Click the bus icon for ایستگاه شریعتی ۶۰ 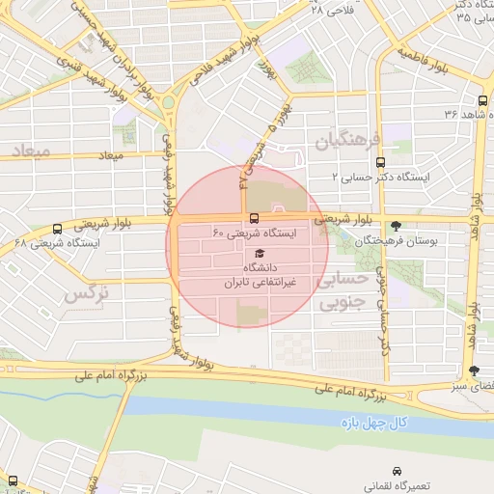(x=254, y=218)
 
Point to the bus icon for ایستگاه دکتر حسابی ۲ (x=379, y=163)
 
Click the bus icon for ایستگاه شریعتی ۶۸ (x=58, y=230)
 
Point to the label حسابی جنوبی (x=343, y=291)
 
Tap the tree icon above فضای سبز (x=473, y=370)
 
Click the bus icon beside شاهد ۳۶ (x=482, y=101)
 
